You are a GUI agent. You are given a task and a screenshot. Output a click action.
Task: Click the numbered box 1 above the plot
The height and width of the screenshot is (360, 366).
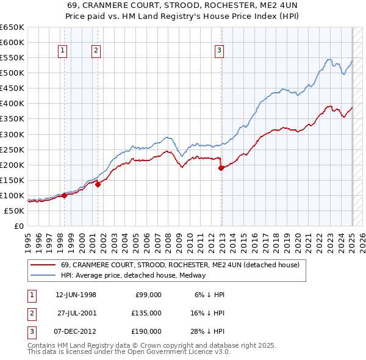(x=63, y=51)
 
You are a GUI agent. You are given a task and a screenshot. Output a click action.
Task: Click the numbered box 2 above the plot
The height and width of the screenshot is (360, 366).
(x=96, y=51)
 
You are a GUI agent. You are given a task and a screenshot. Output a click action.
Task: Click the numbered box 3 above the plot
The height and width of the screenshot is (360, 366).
(x=219, y=51)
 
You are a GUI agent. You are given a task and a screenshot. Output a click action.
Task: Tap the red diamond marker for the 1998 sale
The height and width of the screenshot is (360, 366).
(x=64, y=196)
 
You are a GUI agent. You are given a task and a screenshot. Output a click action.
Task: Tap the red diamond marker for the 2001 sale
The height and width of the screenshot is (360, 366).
(x=98, y=185)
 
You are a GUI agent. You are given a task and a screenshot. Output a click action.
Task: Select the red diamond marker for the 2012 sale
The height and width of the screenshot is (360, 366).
(x=221, y=168)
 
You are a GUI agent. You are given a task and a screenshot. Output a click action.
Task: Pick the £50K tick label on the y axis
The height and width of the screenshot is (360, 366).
(x=15, y=211)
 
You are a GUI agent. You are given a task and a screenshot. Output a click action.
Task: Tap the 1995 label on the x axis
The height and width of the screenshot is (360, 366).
(x=28, y=239)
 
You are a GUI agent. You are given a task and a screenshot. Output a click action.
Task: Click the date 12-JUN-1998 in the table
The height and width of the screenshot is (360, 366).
(x=76, y=294)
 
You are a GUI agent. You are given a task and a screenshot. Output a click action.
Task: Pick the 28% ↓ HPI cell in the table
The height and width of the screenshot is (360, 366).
(x=207, y=331)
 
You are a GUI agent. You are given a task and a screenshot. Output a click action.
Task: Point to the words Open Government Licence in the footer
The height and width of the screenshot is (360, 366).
(x=170, y=352)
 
